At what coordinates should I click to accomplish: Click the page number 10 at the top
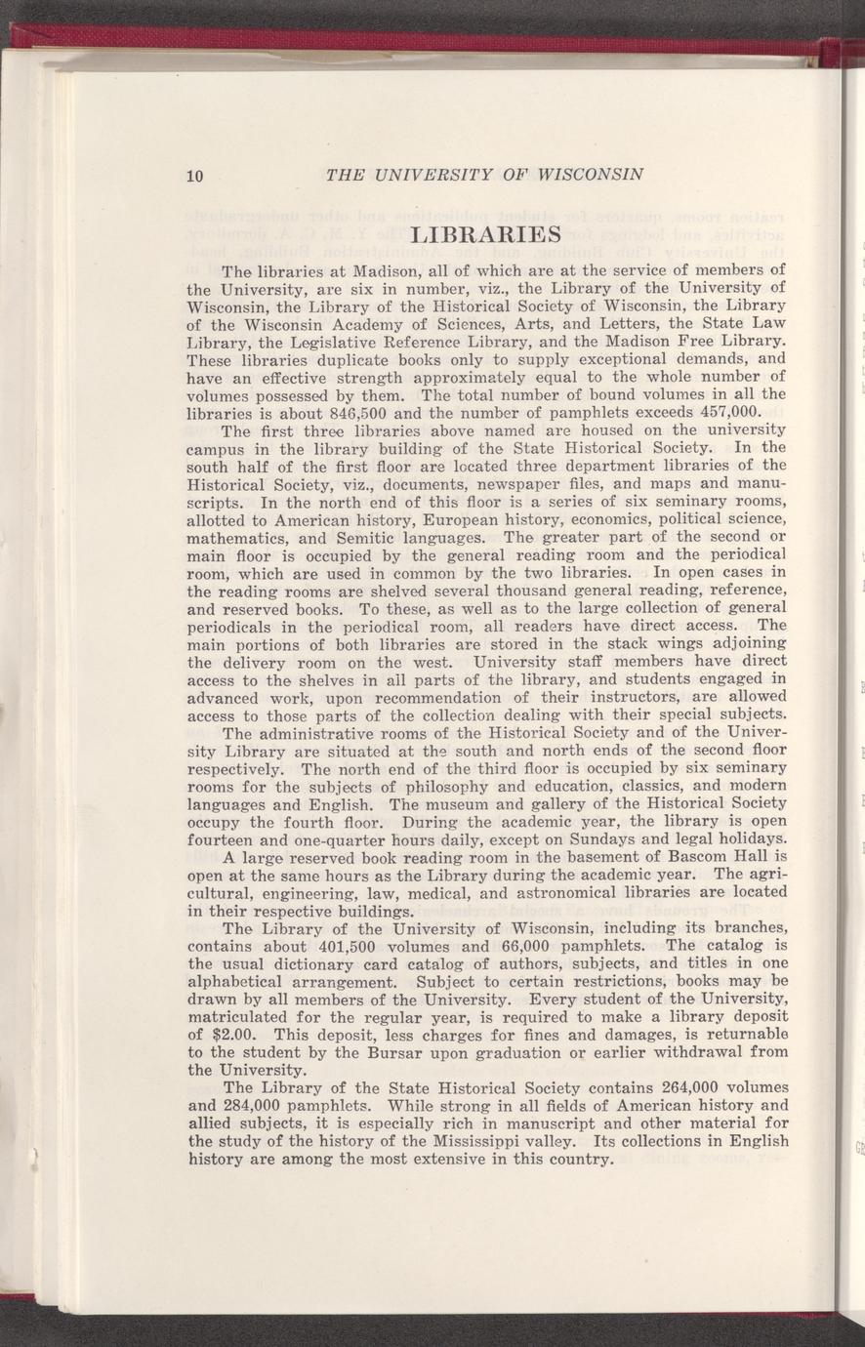pos(193,176)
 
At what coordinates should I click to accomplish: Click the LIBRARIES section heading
pos(485,235)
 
